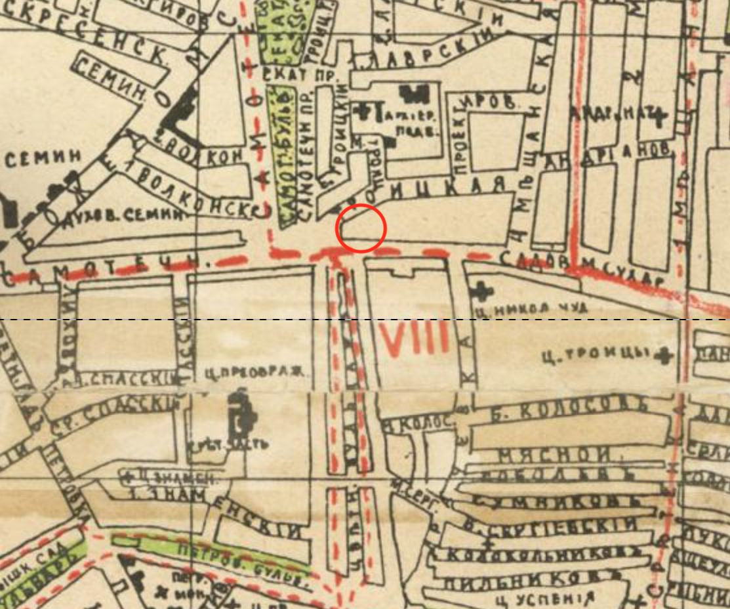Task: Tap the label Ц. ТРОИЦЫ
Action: [x=595, y=356]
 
